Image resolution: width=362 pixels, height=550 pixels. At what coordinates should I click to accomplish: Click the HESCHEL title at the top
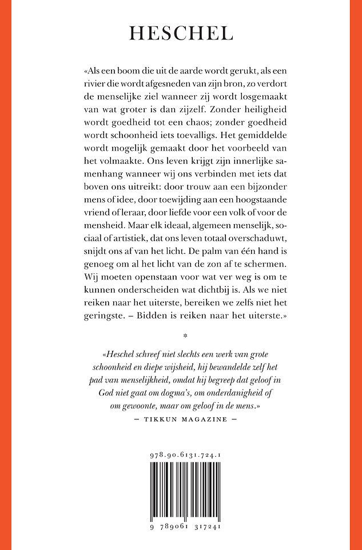click(x=181, y=34)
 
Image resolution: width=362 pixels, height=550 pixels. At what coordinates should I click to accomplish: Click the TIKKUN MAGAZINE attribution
click(x=181, y=419)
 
